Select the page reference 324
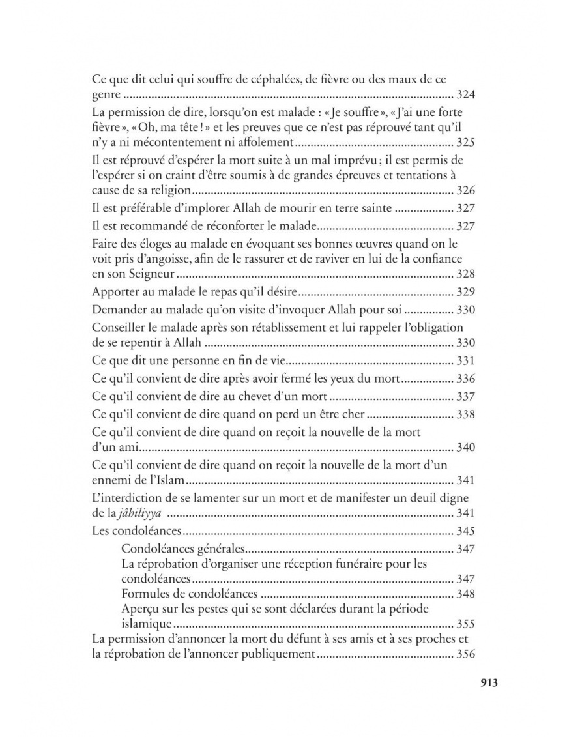click(465, 96)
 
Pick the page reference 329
click(465, 292)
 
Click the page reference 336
click(465, 379)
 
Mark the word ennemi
click(111, 482)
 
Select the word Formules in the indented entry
click(145, 594)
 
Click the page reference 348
click(465, 594)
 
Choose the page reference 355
click(465, 624)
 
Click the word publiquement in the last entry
click(280, 655)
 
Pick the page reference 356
click(465, 655)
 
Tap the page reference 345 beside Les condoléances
click(465, 531)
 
